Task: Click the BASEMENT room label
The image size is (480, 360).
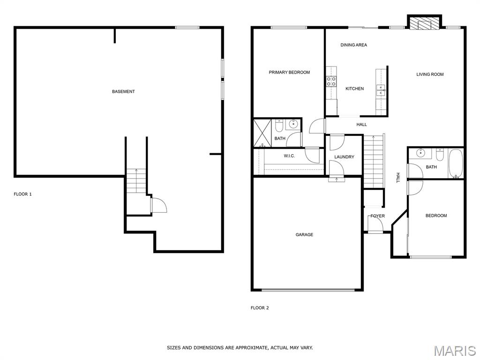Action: pyautogui.click(x=123, y=91)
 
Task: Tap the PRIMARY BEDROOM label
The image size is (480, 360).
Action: pyautogui.click(x=289, y=72)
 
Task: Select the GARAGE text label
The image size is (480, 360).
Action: pyautogui.click(x=304, y=234)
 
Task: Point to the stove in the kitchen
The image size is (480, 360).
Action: pyautogui.click(x=331, y=81)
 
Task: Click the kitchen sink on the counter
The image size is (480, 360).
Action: pyautogui.click(x=381, y=90)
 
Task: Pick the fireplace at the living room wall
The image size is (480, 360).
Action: pyautogui.click(x=424, y=23)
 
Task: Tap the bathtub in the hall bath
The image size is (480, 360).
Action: pyautogui.click(x=456, y=163)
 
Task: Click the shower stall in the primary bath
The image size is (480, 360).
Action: pyautogui.click(x=262, y=133)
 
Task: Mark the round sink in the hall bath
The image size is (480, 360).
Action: pyautogui.click(x=421, y=152)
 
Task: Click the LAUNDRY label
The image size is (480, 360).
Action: pyautogui.click(x=344, y=157)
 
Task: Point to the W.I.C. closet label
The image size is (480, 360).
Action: pyautogui.click(x=289, y=156)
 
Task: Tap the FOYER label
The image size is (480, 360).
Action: pyautogui.click(x=377, y=216)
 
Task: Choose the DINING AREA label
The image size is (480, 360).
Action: pyautogui.click(x=353, y=45)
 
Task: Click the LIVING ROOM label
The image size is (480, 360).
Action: pyautogui.click(x=430, y=74)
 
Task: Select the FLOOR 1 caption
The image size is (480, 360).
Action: pyautogui.click(x=22, y=194)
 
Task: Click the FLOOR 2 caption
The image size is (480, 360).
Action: pyautogui.click(x=260, y=307)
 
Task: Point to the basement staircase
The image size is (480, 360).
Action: pyautogui.click(x=136, y=180)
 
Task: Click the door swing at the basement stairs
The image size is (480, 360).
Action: pyautogui.click(x=159, y=205)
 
